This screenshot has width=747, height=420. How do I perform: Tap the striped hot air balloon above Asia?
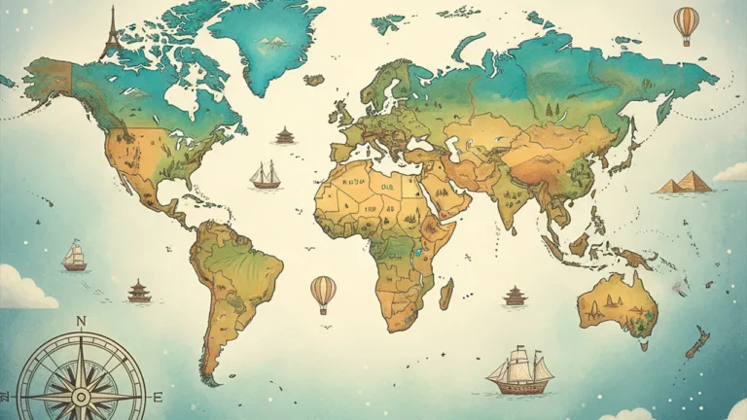(x=686, y=23)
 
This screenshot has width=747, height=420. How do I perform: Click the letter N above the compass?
(x=81, y=322)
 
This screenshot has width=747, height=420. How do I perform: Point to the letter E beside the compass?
(x=157, y=397)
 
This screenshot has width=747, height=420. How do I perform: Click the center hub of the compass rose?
(x=81, y=397)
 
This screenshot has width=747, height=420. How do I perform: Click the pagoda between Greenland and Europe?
(x=285, y=135)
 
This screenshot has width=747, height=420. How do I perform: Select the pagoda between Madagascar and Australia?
(x=515, y=296)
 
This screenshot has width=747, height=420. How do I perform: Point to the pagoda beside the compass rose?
(x=139, y=291)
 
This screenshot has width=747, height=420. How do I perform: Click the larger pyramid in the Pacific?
(x=694, y=181)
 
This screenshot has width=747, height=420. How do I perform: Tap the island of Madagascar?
(x=446, y=293)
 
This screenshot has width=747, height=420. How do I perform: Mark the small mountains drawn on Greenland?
(x=274, y=41)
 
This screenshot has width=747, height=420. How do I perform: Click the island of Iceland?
(x=314, y=81)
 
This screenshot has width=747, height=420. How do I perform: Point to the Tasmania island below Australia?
(x=643, y=343)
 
